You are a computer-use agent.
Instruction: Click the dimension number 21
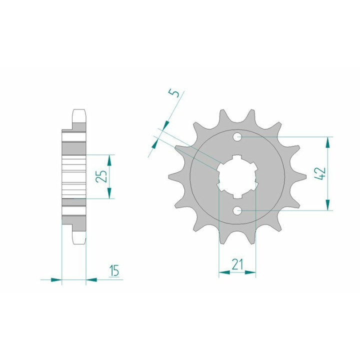tap(237, 264)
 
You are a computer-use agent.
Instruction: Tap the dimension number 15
tap(114, 270)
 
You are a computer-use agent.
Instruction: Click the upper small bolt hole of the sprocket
tap(237, 137)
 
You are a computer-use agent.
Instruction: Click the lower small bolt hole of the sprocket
tap(237, 210)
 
